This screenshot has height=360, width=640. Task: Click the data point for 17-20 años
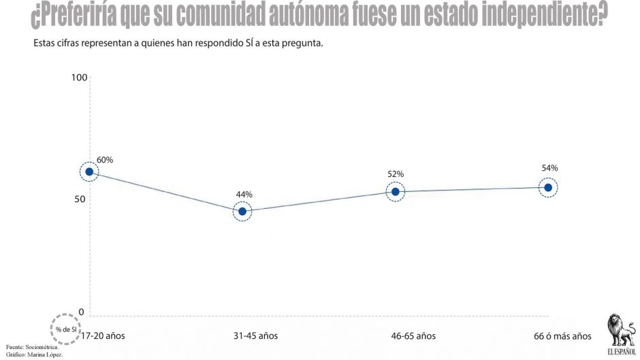pos(89,172)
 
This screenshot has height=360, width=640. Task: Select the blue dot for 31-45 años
pos(242,212)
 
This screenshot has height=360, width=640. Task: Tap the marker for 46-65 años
pos(395,192)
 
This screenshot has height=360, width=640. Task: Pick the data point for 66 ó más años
pos(548,187)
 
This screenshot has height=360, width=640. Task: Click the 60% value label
pos(105,160)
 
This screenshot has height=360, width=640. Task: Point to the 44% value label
pos(244,195)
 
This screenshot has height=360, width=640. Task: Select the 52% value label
pos(396,174)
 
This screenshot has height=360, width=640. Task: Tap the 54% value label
pos(550,168)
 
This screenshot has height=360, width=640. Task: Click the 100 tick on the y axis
pos(79,78)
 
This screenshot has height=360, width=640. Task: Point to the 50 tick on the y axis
pos(80,199)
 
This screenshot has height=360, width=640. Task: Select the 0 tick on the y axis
pos(81,312)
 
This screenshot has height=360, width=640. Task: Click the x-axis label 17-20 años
pos(103,336)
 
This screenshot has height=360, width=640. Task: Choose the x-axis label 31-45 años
pos(255,336)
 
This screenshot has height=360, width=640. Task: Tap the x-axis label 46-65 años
pos(413,336)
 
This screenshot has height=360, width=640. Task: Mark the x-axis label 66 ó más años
pos(562,336)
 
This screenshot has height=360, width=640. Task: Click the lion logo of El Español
pos(621,331)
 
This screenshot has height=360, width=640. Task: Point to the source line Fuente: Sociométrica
pos(32,347)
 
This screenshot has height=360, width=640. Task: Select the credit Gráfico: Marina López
pos(34,355)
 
